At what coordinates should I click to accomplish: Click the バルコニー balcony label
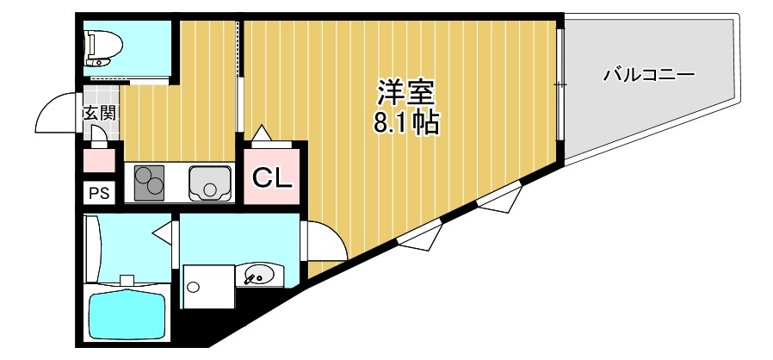(647, 74)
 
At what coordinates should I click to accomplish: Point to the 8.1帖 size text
(405, 123)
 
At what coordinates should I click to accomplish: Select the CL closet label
(273, 178)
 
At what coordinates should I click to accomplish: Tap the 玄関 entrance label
(99, 112)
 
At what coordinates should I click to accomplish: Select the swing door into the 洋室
(325, 241)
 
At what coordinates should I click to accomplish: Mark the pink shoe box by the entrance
(99, 160)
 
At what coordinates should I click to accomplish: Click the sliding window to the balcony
(559, 84)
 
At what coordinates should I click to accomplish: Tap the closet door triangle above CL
(261, 133)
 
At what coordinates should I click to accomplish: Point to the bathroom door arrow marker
(161, 231)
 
